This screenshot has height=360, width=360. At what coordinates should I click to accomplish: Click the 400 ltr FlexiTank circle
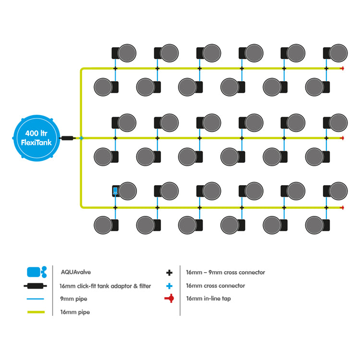[36, 138]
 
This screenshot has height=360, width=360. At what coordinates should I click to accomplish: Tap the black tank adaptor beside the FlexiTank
[67, 138]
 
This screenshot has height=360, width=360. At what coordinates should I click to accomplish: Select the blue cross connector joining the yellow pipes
[81, 138]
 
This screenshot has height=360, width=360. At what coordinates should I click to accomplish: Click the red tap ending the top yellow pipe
[342, 69]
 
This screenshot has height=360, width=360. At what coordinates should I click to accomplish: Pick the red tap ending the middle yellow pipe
[342, 138]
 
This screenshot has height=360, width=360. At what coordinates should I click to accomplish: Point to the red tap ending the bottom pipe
[342, 208]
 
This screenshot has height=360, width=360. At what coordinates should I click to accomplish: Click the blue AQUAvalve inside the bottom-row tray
[115, 191]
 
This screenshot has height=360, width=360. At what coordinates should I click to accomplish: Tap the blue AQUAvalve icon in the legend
[37, 272]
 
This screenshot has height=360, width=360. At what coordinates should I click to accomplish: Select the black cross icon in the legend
[169, 273]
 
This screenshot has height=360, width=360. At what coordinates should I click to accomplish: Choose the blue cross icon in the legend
[169, 286]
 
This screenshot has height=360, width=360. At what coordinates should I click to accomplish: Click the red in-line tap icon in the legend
[169, 299]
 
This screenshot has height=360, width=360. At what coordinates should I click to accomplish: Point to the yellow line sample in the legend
[36, 312]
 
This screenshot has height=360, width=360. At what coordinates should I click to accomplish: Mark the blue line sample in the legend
[36, 299]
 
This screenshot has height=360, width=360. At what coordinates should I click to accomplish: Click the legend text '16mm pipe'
[75, 312]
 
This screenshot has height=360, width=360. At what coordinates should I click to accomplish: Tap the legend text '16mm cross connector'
[216, 286]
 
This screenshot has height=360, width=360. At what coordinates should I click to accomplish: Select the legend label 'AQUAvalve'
[76, 272]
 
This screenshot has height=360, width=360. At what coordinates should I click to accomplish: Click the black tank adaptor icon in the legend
[36, 286]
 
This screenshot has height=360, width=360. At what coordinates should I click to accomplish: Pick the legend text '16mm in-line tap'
[208, 299]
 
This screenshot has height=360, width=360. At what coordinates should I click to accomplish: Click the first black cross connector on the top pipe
[115, 69]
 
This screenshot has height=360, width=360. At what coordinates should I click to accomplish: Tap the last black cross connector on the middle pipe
[326, 138]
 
